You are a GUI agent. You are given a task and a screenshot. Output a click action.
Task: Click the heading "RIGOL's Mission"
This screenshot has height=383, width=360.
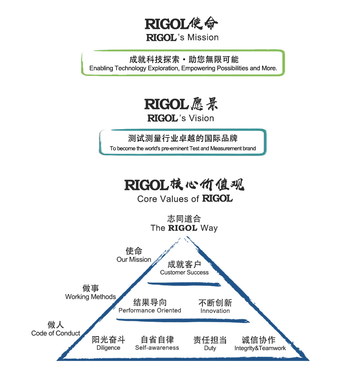[182, 38]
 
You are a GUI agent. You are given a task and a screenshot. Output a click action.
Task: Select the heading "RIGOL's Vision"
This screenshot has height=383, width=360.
[181, 118]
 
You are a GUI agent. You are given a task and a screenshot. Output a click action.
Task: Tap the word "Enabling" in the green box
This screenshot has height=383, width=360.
[102, 68]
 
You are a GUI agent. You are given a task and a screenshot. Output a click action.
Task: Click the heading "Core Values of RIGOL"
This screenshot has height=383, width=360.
[184, 199]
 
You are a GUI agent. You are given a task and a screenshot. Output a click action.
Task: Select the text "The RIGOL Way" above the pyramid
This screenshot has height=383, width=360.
[184, 228]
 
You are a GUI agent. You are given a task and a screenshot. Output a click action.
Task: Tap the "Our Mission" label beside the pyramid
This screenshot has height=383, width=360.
[134, 260]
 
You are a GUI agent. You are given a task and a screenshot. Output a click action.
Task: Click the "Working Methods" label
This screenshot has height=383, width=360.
[90, 297]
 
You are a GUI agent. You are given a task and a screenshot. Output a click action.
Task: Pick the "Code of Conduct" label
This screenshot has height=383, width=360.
[56, 333]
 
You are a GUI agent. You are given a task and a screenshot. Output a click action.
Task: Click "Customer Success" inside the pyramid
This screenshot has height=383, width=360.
[184, 272]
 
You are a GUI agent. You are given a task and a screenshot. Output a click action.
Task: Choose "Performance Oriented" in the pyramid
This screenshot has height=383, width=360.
[150, 310]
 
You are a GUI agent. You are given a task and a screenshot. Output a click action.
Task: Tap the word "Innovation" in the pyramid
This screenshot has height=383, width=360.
[215, 311]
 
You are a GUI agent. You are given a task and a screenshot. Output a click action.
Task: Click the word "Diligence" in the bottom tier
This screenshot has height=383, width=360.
[108, 348]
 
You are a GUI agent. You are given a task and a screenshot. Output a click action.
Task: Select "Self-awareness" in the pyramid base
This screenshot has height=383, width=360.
[157, 348]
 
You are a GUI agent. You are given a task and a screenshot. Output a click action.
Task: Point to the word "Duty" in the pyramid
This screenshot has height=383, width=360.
[210, 348]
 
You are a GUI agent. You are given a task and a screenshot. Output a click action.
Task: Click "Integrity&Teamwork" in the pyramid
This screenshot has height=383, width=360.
[260, 348]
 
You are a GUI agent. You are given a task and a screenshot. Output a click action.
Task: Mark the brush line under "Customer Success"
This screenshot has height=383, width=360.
[184, 284]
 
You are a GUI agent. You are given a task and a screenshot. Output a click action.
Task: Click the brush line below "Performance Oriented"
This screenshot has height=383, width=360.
[182, 321]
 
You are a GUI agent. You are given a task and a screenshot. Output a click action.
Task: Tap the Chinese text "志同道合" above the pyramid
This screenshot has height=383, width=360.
[184, 219]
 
